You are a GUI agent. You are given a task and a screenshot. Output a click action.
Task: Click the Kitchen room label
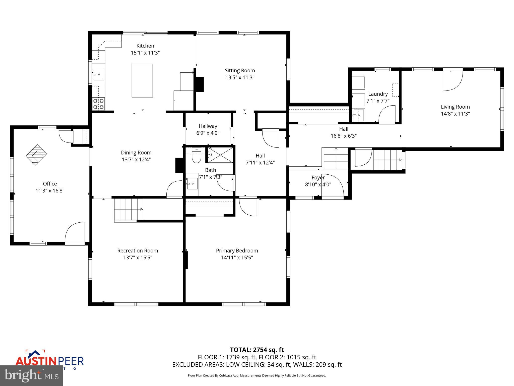click(x=145, y=46)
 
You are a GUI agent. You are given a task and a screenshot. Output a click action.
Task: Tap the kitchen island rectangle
click(x=142, y=80)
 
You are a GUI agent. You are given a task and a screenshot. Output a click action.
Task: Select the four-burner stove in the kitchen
click(x=98, y=104)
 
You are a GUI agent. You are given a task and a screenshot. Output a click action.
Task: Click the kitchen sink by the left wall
click(x=99, y=74)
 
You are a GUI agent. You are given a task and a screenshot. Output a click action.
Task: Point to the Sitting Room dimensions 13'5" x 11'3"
click(x=240, y=77)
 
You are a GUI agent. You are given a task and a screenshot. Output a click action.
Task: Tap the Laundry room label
click(x=378, y=94)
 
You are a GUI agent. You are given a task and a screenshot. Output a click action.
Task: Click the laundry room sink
click(x=358, y=115)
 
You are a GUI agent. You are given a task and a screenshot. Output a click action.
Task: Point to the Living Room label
click(x=455, y=107)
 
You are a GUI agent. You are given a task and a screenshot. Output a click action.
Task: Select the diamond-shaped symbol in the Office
click(x=36, y=155)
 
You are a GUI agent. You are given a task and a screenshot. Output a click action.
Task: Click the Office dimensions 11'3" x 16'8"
click(x=50, y=191)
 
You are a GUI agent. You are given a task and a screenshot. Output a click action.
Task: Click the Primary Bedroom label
click(x=237, y=251)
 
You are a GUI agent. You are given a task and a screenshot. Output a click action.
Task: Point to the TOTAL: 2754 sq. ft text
click(x=257, y=350)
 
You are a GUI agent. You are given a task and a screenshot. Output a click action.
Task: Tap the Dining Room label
click(x=136, y=153)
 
